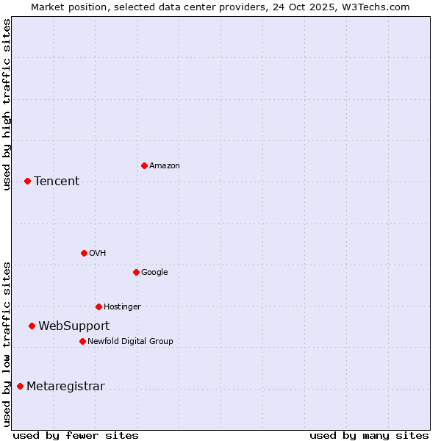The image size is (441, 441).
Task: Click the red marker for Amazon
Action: [x=144, y=165]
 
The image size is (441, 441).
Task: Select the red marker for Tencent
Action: [x=27, y=181]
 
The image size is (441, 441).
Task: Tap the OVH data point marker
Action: [x=84, y=253]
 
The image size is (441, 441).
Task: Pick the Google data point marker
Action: [x=136, y=272]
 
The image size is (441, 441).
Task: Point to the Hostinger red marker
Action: [x=98, y=306]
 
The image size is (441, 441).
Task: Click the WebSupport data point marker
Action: [x=32, y=326]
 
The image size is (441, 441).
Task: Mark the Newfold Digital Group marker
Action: [x=82, y=341]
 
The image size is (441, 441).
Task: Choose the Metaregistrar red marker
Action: [x=20, y=386]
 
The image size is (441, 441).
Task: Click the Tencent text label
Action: [x=57, y=181]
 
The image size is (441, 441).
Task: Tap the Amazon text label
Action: [x=165, y=165]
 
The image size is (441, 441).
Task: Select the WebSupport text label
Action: [x=74, y=326]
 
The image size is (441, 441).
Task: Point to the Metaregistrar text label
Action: [x=65, y=386]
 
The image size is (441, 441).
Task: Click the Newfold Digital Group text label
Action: [x=130, y=341]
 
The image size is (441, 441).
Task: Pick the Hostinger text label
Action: [x=122, y=306]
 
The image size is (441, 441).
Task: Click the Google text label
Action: [x=154, y=272]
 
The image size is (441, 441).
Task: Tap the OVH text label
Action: [x=98, y=253]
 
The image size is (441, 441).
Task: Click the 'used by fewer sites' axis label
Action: [x=76, y=435]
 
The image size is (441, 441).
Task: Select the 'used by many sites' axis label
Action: [x=369, y=435]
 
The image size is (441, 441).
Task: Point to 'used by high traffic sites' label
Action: [x=7, y=104]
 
